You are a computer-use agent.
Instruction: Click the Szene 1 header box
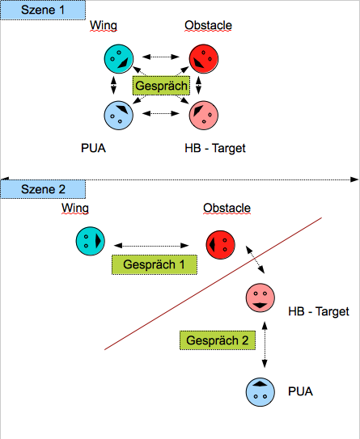pyautogui.click(x=43, y=10)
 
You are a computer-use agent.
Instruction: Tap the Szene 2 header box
pyautogui.click(x=43, y=189)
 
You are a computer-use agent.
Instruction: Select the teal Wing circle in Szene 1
pyautogui.click(x=118, y=59)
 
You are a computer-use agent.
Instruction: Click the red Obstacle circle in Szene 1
pyautogui.click(x=204, y=59)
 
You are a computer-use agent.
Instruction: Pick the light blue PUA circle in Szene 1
pyautogui.click(x=118, y=116)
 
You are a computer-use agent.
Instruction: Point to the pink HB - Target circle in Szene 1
pyautogui.click(x=204, y=116)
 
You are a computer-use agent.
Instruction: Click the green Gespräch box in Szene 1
pyautogui.click(x=161, y=86)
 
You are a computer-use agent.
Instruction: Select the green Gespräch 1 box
pyautogui.click(x=155, y=264)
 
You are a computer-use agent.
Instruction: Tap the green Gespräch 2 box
pyautogui.click(x=218, y=340)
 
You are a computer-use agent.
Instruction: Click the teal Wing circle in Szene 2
pyautogui.click(x=91, y=241)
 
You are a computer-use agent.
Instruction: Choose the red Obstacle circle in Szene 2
pyautogui.click(x=221, y=245)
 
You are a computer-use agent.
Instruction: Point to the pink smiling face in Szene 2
pyautogui.click(x=260, y=298)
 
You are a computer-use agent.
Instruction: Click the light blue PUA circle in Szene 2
pyautogui.click(x=260, y=392)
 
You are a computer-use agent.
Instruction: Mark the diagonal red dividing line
pyautogui.click(x=213, y=283)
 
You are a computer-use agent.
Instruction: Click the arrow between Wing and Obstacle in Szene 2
pyautogui.click(x=151, y=246)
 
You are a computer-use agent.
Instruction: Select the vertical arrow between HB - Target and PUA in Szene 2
pyautogui.click(x=265, y=344)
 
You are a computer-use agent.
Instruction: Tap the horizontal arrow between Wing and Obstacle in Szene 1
pyautogui.click(x=161, y=57)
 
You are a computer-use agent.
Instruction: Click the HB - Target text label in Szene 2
pyautogui.click(x=319, y=311)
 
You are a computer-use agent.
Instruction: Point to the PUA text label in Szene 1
pyautogui.click(x=93, y=148)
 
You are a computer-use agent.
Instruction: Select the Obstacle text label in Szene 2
pyautogui.click(x=227, y=208)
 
